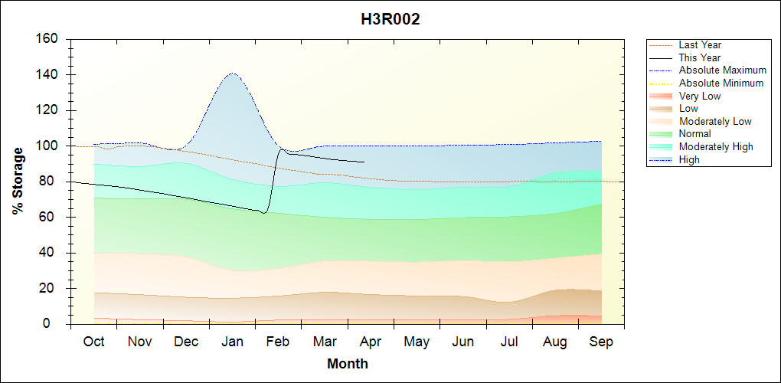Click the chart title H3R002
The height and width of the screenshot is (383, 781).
[x=390, y=20]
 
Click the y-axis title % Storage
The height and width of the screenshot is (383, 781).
[x=18, y=181]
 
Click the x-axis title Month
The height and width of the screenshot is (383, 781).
[x=348, y=364]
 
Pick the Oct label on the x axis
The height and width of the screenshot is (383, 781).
[x=93, y=342]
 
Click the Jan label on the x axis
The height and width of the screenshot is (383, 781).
[x=232, y=342]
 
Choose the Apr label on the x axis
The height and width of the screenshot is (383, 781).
[x=371, y=342]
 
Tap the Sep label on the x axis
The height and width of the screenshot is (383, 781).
[x=601, y=342]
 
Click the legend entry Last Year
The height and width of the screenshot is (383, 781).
[x=700, y=45]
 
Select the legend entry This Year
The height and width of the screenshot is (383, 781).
[x=700, y=57]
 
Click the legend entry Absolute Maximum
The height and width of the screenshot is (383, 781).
[x=722, y=70]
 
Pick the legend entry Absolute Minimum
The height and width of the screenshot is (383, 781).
[x=721, y=83]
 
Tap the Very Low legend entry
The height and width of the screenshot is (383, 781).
[x=700, y=96]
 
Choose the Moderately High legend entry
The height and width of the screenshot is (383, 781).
[x=716, y=146]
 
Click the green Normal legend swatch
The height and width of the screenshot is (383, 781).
[x=660, y=134]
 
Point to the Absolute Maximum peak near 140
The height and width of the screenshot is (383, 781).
[x=232, y=74]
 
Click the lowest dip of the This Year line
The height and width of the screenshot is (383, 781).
[x=263, y=212]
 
